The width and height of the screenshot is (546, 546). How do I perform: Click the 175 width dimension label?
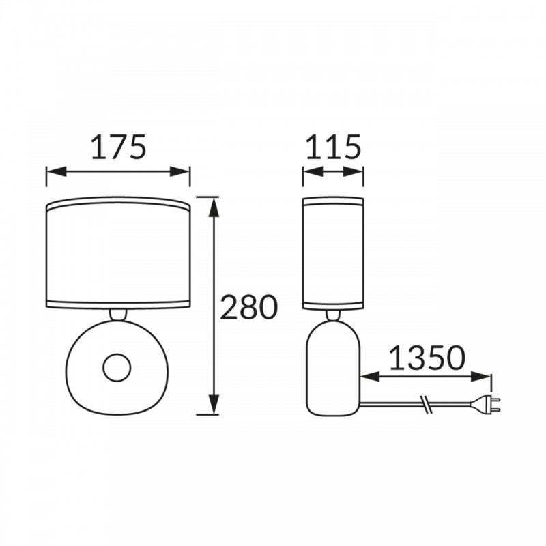[x=117, y=147]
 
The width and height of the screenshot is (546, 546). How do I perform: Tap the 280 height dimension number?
[x=249, y=307]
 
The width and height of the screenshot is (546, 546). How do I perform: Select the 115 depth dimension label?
[x=333, y=147]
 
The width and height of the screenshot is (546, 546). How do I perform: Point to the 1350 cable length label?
[x=427, y=358]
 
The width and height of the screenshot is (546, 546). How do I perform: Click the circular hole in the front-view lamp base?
[x=117, y=368]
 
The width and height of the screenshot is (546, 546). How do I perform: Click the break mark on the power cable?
[x=426, y=405]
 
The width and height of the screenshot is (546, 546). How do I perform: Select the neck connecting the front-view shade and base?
[x=117, y=315]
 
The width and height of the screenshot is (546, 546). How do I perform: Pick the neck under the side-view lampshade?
[x=333, y=315]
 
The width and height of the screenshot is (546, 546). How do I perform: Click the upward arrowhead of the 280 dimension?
[x=214, y=207]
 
